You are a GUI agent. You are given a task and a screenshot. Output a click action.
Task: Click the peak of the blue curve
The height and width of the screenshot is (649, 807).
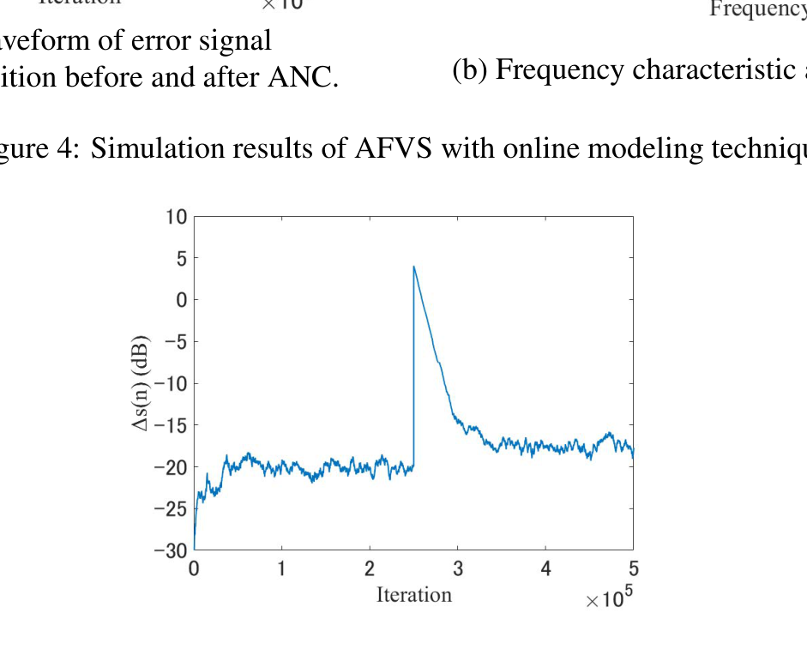tap(414, 267)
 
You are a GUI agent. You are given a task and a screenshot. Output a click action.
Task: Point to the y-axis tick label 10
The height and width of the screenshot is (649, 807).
tap(176, 217)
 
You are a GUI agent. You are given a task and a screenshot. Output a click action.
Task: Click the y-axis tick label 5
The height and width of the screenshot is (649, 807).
tap(181, 258)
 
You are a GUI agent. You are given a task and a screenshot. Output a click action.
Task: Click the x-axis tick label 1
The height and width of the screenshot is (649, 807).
tap(282, 569)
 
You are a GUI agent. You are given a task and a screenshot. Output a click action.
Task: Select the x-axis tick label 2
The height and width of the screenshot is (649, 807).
tap(370, 569)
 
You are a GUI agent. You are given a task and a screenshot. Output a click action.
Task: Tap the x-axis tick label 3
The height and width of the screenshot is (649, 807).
tap(458, 569)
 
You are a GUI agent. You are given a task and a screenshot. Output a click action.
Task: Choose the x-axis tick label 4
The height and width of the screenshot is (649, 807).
tap(545, 569)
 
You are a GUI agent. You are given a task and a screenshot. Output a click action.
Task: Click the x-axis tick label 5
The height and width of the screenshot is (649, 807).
tap(634, 569)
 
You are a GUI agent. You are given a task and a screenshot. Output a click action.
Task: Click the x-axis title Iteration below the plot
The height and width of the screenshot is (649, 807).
tap(413, 595)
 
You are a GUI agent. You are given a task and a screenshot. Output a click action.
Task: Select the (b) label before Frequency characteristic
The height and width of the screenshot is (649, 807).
tap(470, 70)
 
